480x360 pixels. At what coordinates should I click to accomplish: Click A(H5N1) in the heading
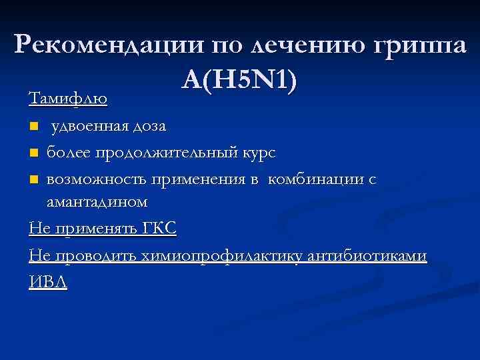click(239, 81)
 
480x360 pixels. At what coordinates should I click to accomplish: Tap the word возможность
click(98, 179)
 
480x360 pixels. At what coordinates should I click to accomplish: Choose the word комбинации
click(317, 179)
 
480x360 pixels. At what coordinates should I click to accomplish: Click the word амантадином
click(97, 201)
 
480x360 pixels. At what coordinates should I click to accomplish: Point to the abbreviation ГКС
click(160, 229)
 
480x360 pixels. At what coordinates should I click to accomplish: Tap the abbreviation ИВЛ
click(48, 282)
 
